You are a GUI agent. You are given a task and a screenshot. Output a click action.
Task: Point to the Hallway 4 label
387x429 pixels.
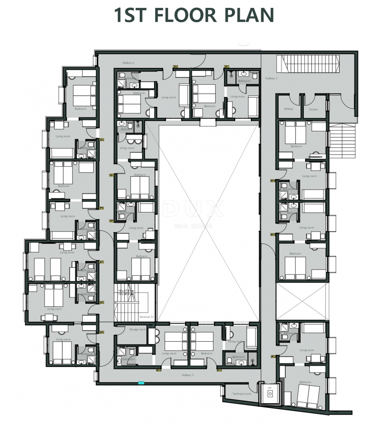(128, 63)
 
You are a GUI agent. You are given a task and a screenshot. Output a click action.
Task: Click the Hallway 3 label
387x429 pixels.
(271, 79)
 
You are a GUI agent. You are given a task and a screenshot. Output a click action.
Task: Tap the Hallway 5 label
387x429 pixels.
(188, 375)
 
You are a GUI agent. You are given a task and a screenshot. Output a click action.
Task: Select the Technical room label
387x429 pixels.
(241, 394)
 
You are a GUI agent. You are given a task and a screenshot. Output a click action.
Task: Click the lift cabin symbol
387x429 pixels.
(270, 394)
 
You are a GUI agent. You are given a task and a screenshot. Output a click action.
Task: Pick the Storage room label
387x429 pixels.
(137, 330)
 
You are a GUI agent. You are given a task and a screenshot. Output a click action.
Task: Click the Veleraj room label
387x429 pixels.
(288, 109)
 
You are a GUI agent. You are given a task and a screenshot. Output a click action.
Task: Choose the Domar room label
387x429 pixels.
(314, 109)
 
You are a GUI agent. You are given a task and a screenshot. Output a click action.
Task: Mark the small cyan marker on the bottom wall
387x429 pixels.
(141, 383)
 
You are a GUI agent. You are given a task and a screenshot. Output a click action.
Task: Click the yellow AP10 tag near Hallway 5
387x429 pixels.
(158, 370)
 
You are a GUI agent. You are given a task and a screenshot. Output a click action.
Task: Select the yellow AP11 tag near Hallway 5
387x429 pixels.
(219, 370)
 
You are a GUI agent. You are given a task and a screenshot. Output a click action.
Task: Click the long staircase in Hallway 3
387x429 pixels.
(310, 64)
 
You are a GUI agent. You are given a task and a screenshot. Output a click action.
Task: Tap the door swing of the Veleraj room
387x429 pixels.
(295, 99)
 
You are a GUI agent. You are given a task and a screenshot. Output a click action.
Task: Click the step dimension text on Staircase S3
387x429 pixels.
(126, 292)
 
